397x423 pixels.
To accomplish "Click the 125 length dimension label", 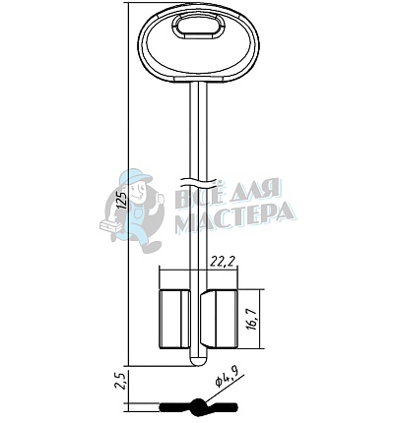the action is click(x=122, y=200).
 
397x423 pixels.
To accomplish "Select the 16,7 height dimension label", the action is click(x=253, y=320).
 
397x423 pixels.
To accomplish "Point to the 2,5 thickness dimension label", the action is click(x=119, y=381).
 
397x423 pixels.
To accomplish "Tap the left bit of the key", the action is click(x=174, y=319).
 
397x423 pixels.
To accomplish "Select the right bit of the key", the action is click(x=219, y=319).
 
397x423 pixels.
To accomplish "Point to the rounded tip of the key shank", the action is click(x=198, y=361).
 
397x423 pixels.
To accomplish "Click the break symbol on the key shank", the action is click(x=198, y=182).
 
